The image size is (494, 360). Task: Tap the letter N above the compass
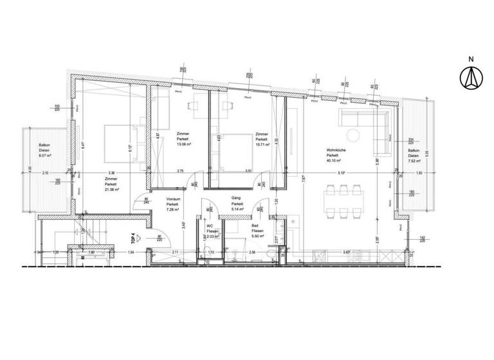click(471, 60)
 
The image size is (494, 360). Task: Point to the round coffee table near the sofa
click(353, 134)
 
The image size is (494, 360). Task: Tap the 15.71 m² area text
click(261, 145)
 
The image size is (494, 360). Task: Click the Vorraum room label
click(172, 199)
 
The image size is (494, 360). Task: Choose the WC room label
click(209, 226)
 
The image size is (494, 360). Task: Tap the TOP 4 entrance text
click(134, 239)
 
